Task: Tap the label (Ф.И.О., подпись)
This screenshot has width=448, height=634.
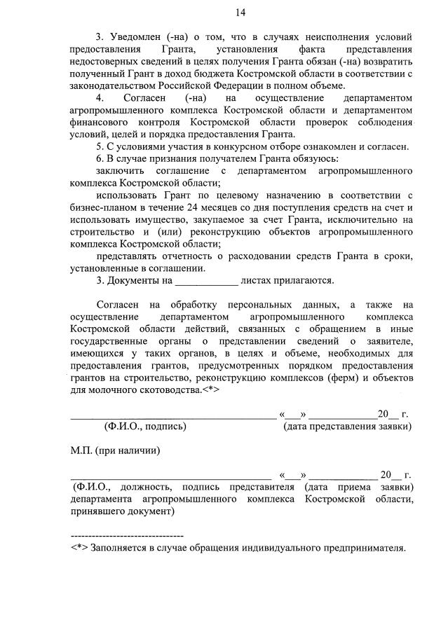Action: point(145,425)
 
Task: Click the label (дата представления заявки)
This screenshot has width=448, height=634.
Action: point(347,425)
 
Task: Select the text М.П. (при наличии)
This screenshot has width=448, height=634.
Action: point(115,450)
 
